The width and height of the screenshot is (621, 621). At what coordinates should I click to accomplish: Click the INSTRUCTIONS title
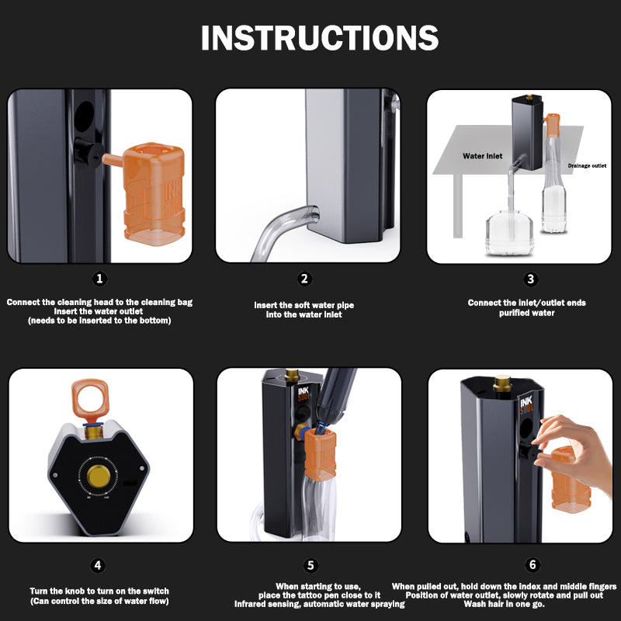319,38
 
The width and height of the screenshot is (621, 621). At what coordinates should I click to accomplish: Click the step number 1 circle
99,279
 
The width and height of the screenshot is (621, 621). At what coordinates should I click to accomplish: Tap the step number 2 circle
304,279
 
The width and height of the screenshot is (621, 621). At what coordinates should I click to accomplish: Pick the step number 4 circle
98,565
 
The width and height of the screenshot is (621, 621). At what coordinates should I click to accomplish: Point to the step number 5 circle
310,565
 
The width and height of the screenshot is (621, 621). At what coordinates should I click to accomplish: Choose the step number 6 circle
533,565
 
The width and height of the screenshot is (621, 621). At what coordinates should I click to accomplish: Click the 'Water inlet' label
483,156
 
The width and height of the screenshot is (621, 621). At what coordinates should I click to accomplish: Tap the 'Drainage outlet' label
587,165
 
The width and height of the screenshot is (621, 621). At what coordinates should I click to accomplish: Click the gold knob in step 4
98,475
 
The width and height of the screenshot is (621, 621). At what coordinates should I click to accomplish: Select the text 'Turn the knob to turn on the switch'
99,591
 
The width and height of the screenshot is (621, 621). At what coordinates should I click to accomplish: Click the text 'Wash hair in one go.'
504,604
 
